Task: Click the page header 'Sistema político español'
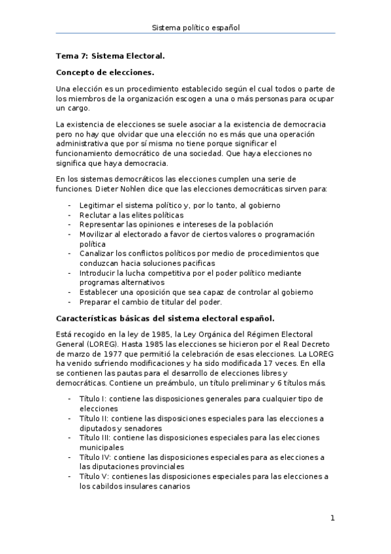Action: pos(195,28)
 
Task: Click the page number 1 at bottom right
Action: pos(332,519)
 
